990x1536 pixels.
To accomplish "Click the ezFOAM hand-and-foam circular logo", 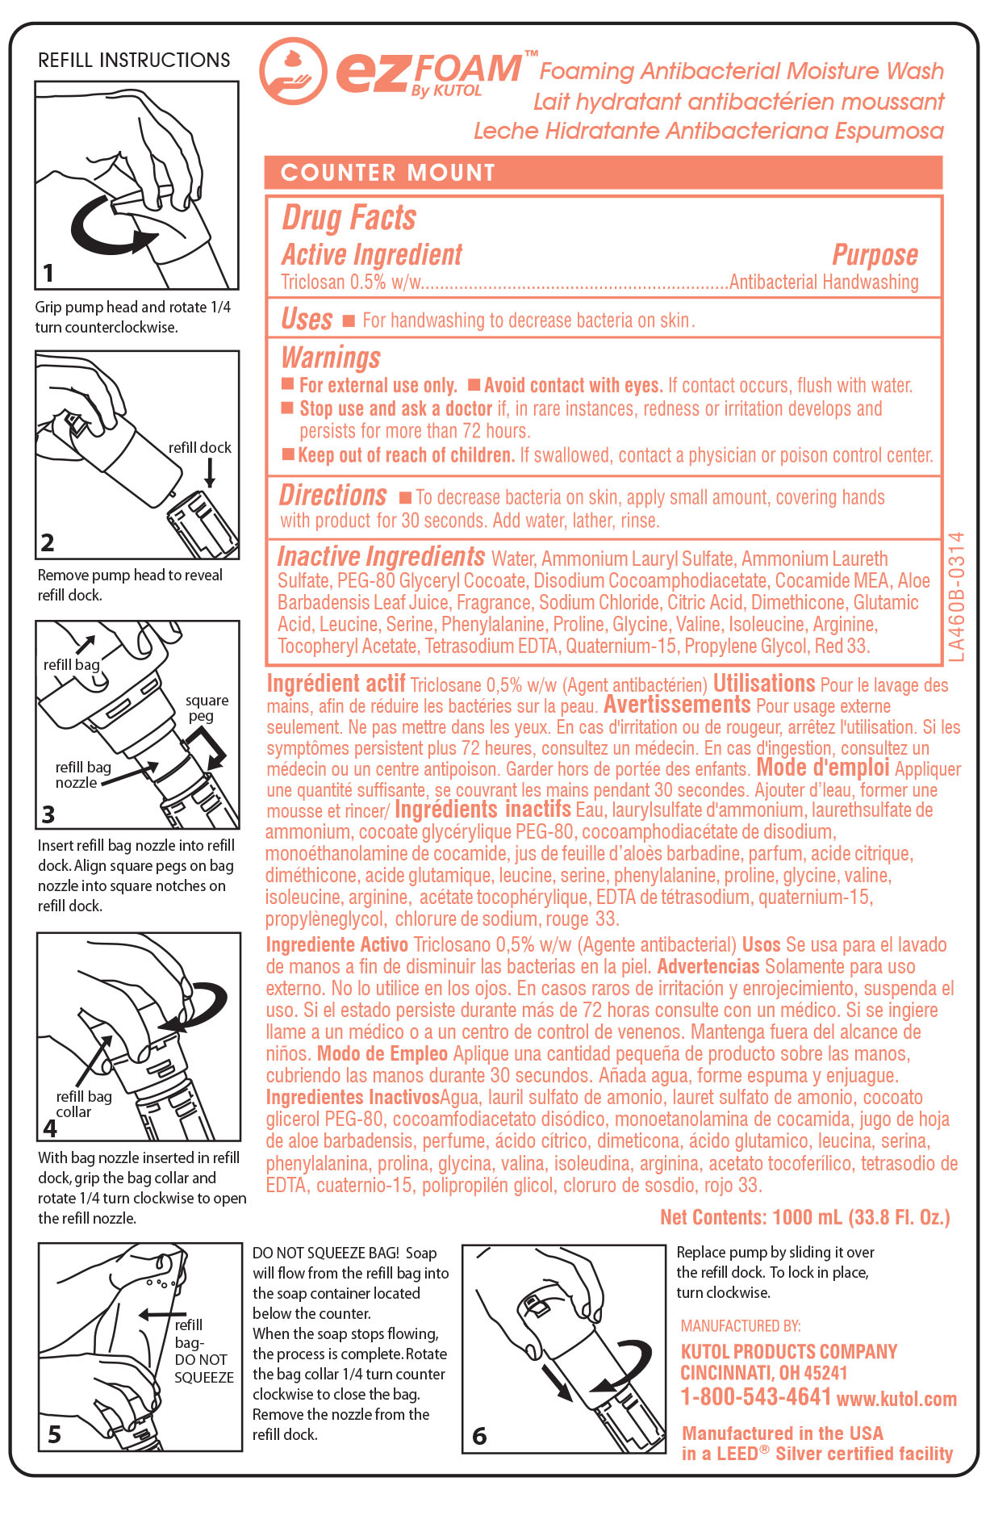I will pos(293,71).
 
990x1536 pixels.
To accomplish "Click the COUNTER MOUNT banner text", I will pos(387,173).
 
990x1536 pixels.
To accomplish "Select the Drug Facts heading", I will pos(349,218).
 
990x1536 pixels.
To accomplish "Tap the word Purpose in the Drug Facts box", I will pos(875,255).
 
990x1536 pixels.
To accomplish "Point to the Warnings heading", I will pos(331,358).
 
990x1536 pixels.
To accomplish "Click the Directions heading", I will pos(332,495).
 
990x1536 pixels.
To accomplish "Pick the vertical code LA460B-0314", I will pos(957,596).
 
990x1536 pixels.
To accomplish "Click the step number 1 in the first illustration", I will pos(48,273).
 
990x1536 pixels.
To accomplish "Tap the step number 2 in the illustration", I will pos(48,542).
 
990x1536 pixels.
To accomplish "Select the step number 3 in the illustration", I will pos(48,814).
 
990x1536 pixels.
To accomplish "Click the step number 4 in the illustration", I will pos(50,1127).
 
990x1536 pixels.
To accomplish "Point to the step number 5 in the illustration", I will pos(54,1434).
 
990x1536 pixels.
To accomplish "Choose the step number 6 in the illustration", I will pos(479,1436).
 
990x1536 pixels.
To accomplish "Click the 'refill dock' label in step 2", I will pos(199,448).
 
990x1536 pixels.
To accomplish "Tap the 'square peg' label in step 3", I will pos(207,708).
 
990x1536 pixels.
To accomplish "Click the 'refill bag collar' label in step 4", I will pos(83,1103).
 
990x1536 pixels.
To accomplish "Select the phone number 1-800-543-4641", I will pos(755,1397).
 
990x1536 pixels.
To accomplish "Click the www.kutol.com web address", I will pos(896,1400).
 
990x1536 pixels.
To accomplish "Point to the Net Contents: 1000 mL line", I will pos(804,1217).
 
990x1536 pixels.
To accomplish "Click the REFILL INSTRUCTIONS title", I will pos(134,61).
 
